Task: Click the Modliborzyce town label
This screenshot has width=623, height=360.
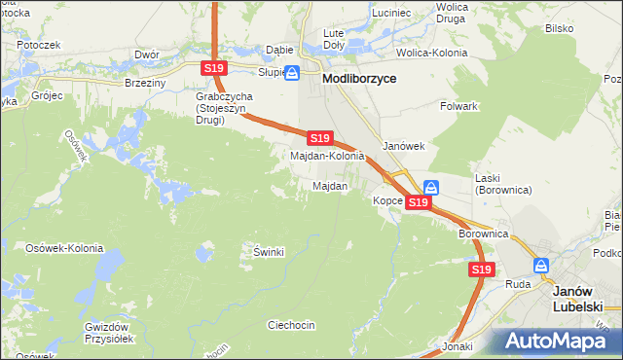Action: [x=359, y=79]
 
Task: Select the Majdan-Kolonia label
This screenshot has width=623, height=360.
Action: [x=327, y=156]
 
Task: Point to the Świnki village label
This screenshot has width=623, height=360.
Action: [x=269, y=252]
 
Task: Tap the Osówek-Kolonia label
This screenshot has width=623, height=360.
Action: [x=64, y=248]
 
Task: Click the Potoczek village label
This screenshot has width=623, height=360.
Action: [x=39, y=45]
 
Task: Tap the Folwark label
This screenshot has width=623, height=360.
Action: [x=458, y=105]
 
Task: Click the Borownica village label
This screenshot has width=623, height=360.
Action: [x=484, y=234]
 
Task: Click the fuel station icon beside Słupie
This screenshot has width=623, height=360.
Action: [x=291, y=71]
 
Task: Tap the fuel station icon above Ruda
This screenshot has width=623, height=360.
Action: [x=540, y=265]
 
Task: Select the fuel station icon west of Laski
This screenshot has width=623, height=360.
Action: [x=431, y=188]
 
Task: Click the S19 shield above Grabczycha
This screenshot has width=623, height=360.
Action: [x=215, y=68]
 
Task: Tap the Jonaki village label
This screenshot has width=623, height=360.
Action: [x=457, y=346]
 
